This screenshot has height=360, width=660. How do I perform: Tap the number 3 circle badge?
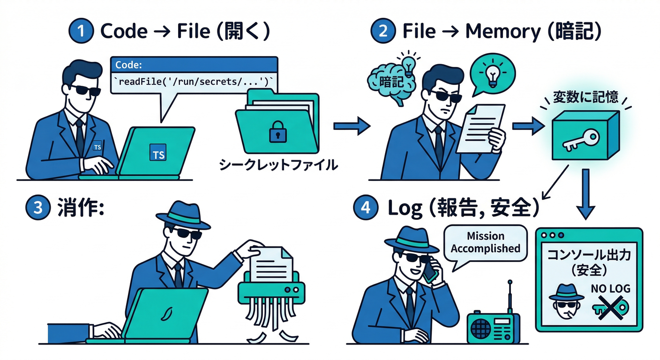[37, 208]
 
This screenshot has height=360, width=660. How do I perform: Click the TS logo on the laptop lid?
[158, 153]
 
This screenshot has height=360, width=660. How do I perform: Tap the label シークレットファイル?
[278, 165]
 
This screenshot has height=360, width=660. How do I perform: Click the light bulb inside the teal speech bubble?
[493, 74]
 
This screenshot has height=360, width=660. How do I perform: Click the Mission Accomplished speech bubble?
[485, 243]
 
